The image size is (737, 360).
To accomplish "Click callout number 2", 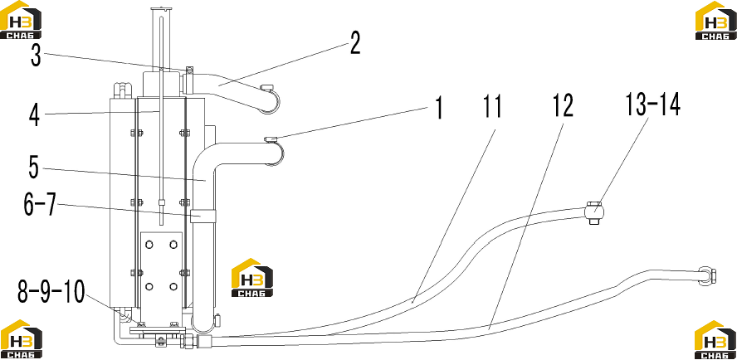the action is click(354, 43).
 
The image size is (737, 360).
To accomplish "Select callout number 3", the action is click(37, 56).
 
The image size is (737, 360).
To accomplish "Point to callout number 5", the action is click(33, 168).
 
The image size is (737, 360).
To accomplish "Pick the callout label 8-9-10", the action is click(51, 290).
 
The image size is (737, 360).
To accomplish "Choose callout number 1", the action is click(438, 107).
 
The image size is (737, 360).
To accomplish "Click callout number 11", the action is click(491, 106).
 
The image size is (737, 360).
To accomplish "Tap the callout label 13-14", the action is click(652, 105).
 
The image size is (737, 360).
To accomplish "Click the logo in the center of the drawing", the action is click(252, 278).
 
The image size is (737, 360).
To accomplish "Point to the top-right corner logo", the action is click(716, 20).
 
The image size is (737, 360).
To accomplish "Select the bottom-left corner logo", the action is click(21, 339).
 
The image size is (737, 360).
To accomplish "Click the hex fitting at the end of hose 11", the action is click(594, 212).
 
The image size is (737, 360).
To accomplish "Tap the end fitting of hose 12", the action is click(708, 275).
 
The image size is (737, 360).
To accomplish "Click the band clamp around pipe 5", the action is click(203, 216).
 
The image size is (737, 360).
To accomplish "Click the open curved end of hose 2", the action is click(270, 100).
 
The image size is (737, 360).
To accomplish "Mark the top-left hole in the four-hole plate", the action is click(149, 245).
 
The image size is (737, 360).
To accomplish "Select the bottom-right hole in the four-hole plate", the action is click(173, 286).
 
